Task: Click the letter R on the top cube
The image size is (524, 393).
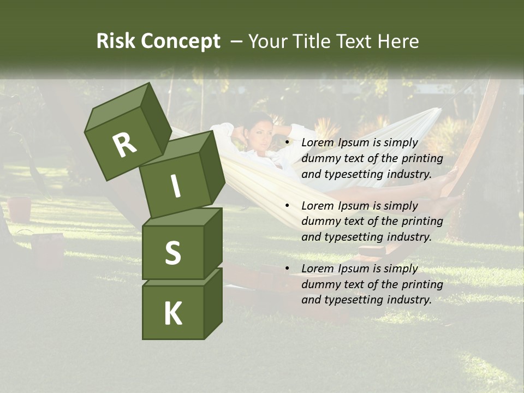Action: pyautogui.click(x=125, y=145)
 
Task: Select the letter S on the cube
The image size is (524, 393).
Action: pyautogui.click(x=172, y=253)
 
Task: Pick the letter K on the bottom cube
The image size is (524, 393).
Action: pyautogui.click(x=172, y=314)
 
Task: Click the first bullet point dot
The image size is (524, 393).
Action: pyautogui.click(x=287, y=143)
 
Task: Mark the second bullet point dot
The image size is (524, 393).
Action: pyautogui.click(x=287, y=206)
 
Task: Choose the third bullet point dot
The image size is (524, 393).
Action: pyautogui.click(x=287, y=269)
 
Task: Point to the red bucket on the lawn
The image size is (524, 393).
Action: pyautogui.click(x=20, y=209)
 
